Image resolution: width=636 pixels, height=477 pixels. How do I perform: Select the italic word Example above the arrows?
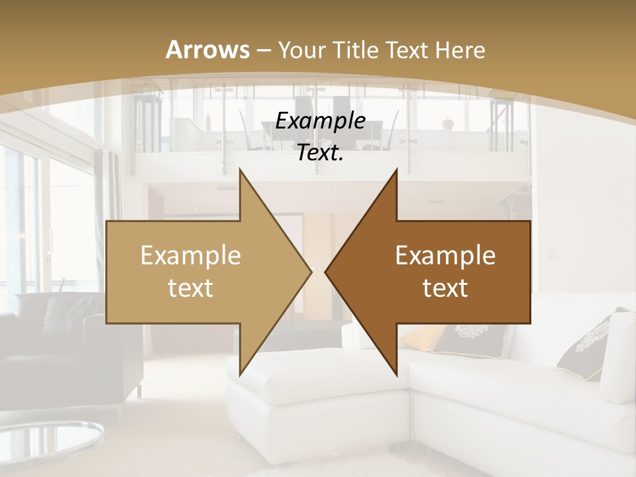coord(320,122)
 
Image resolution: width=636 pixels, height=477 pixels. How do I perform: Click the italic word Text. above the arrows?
coord(320,153)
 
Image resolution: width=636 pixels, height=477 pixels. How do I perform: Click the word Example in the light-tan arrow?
coord(191,255)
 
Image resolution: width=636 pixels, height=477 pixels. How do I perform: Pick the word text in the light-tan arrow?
coord(191,288)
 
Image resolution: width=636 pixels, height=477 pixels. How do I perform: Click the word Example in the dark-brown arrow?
coord(445,255)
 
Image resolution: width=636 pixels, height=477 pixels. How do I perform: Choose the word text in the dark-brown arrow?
coord(445,288)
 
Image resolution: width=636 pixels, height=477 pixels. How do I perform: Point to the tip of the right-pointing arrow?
coord(311,272)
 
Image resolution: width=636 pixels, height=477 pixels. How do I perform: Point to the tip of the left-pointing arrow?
coord(326,272)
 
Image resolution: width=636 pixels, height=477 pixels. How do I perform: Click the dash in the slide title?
coord(264,50)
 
